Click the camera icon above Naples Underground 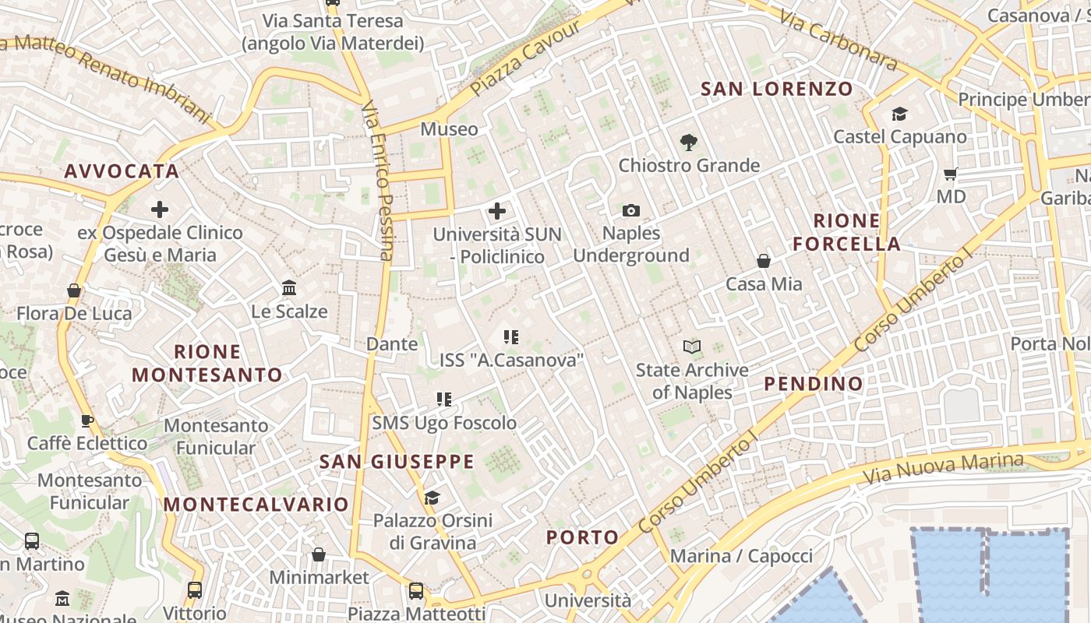point(631,210)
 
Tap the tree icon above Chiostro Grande point(688,143)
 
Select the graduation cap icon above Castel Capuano point(899,114)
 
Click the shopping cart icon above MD point(950,174)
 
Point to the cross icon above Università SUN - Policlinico point(496,211)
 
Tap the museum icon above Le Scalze point(289,288)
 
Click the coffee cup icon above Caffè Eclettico point(87,421)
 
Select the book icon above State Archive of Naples point(691,347)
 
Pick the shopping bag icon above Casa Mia point(764,261)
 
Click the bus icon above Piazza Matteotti point(416,591)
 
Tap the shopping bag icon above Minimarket point(318,554)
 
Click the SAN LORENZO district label point(777,89)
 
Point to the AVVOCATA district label point(122,171)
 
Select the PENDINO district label point(814,383)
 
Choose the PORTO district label point(582,537)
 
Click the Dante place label point(392,343)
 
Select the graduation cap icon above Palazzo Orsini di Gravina point(432,498)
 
